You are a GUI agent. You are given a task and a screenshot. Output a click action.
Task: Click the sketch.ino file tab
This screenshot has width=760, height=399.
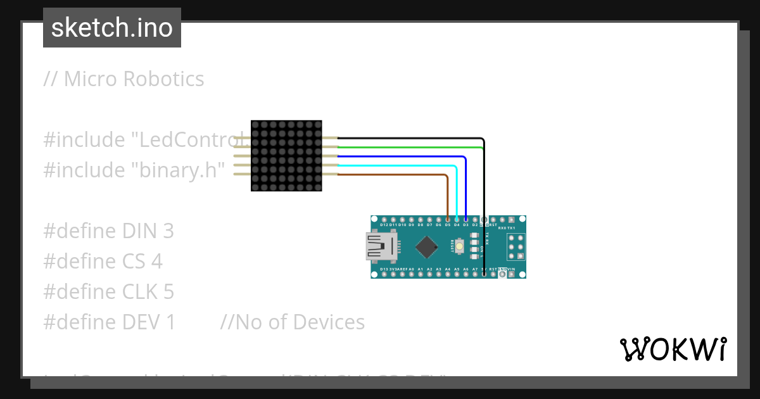pos(112,28)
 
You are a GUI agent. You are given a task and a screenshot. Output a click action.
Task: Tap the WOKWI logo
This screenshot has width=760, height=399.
pos(673,349)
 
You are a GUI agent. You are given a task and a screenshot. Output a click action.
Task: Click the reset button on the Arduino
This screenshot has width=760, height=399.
pos(468,246)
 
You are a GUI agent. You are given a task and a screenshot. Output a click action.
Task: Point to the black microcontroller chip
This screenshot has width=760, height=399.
pos(429,246)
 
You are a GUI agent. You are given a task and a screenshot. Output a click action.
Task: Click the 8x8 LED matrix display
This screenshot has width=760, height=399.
pos(286,156)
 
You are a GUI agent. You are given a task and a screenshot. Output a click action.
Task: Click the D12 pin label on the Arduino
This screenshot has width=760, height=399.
pos(384,225)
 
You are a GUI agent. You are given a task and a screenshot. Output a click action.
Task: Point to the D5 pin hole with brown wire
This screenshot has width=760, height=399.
pos(448,219)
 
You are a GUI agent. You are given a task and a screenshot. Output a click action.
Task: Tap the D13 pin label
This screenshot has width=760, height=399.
pos(384,269)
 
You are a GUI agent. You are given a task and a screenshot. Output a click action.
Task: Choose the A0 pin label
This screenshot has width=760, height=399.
pos(412,269)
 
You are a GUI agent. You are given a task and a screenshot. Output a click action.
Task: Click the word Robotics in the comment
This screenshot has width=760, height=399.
pos(163,79)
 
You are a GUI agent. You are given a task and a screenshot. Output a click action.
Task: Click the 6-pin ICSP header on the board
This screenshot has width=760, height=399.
pos(516,247)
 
